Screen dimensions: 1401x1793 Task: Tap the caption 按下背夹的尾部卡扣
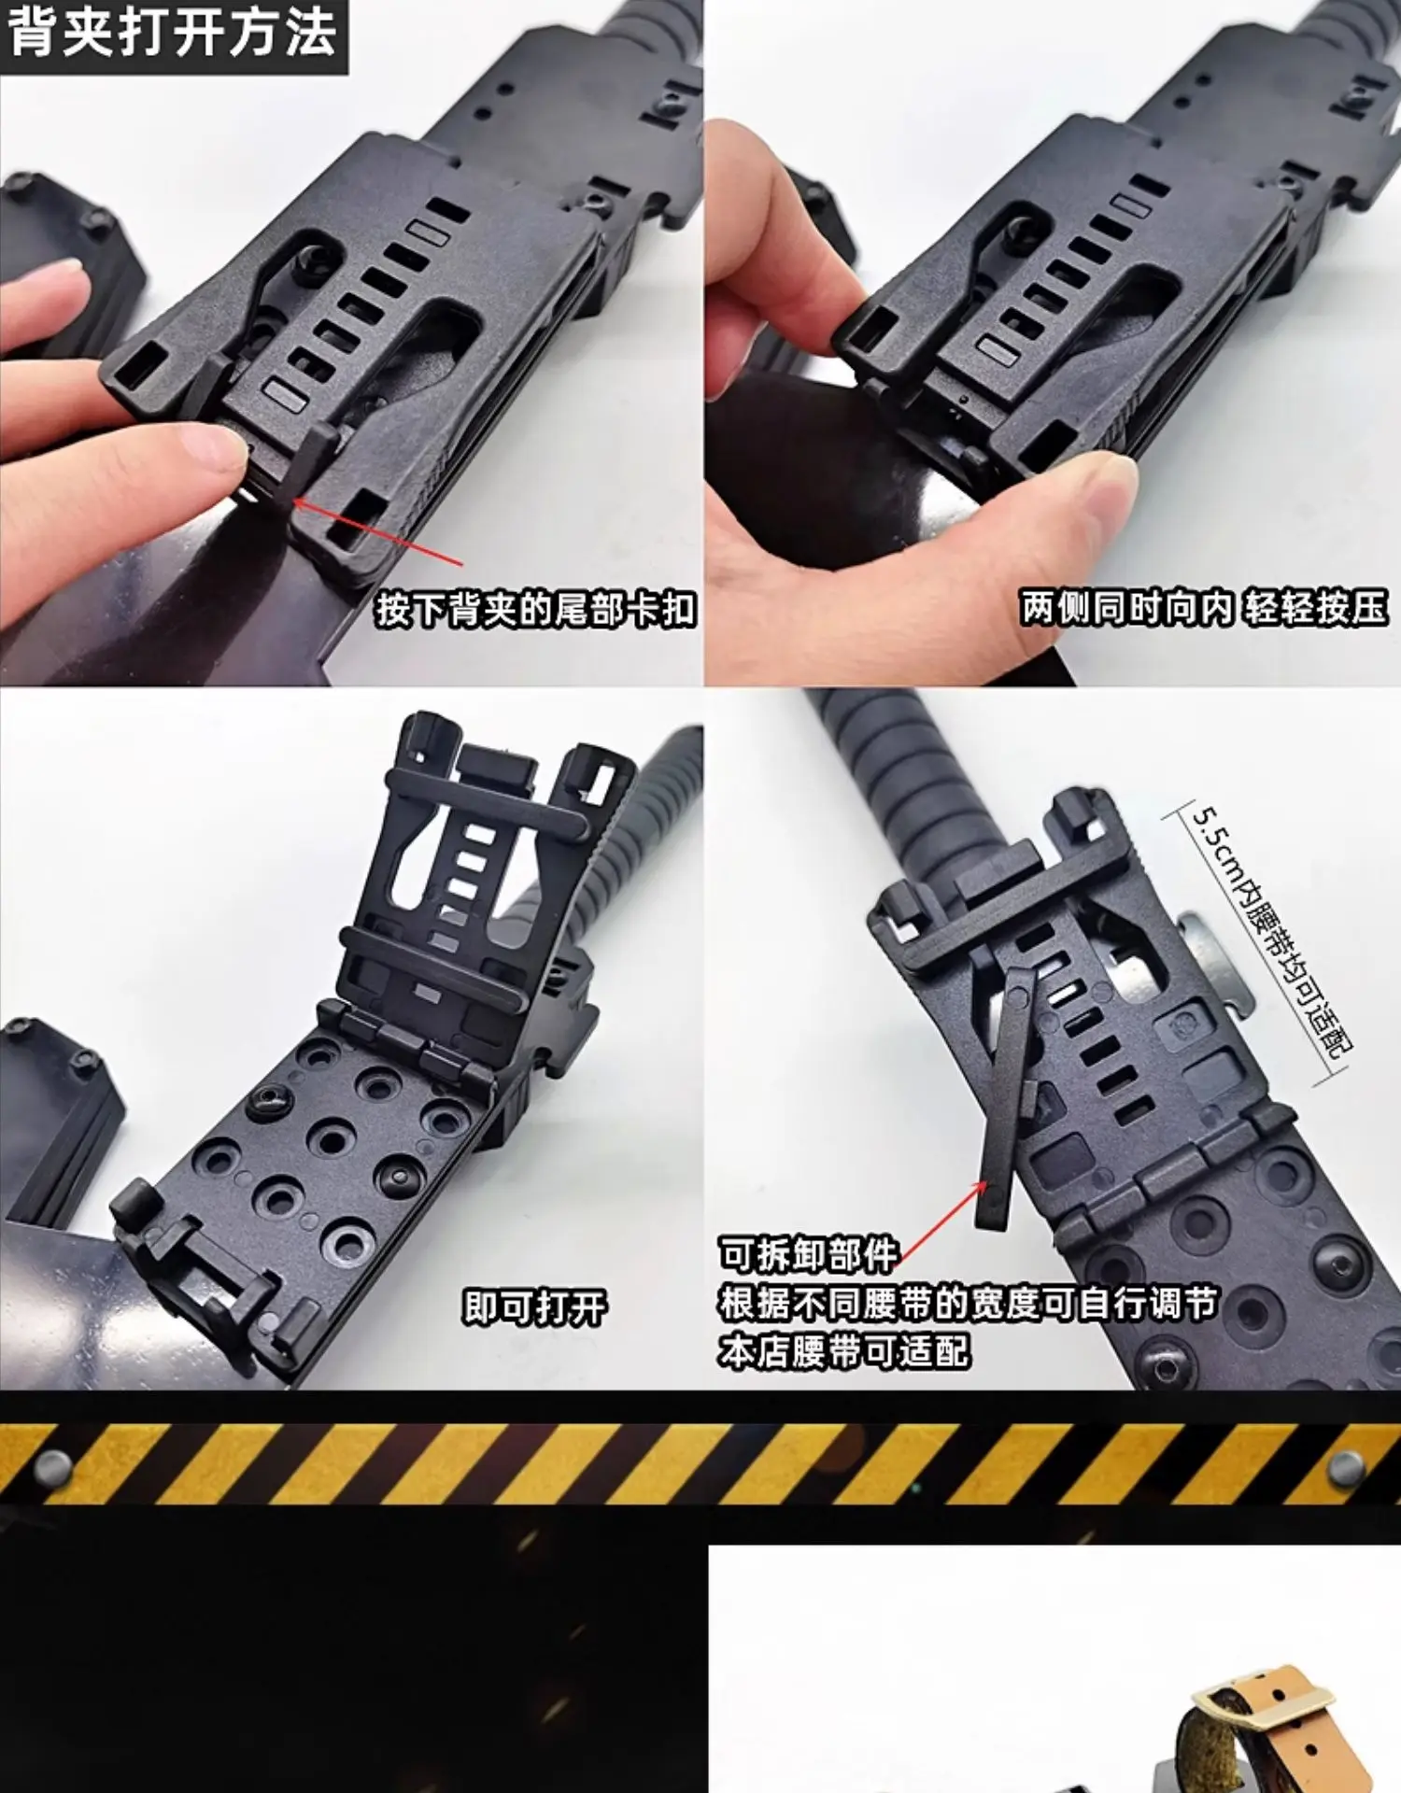tap(536, 610)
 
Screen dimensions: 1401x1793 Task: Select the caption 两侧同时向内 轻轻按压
tap(1204, 608)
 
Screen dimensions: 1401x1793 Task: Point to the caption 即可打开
tap(534, 1307)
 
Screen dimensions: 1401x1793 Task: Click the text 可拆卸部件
tap(808, 1254)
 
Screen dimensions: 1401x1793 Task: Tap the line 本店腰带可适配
tap(844, 1351)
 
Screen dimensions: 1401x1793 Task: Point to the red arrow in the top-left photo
tap(376, 532)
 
